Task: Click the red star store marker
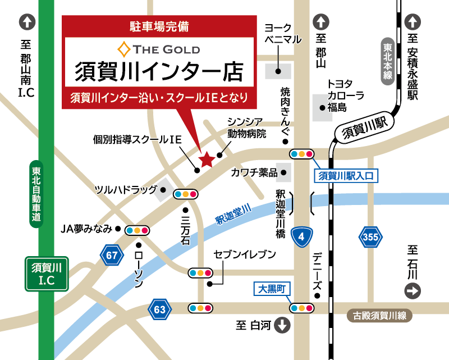pyautogui.click(x=207, y=160)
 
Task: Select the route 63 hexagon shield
pyautogui.click(x=160, y=308)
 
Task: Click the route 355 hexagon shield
pyautogui.click(x=370, y=238)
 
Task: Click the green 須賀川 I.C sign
pyautogui.click(x=47, y=274)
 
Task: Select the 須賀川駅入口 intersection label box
pyautogui.click(x=346, y=175)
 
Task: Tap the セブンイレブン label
pyautogui.click(x=245, y=255)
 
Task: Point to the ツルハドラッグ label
pyautogui.click(x=126, y=189)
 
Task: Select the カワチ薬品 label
pyautogui.click(x=254, y=172)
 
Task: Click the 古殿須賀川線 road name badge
pyautogui.click(x=379, y=316)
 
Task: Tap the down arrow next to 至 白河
pyautogui.click(x=282, y=325)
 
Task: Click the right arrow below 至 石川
pyautogui.click(x=413, y=291)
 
